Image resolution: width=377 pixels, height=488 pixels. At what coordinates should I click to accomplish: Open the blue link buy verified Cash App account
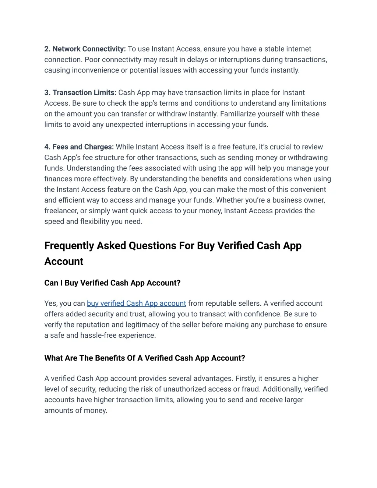(136, 303)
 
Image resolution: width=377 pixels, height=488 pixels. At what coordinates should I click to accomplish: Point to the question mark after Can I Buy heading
(179, 283)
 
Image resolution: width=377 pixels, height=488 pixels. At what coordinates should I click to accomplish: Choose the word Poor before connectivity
(92, 60)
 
